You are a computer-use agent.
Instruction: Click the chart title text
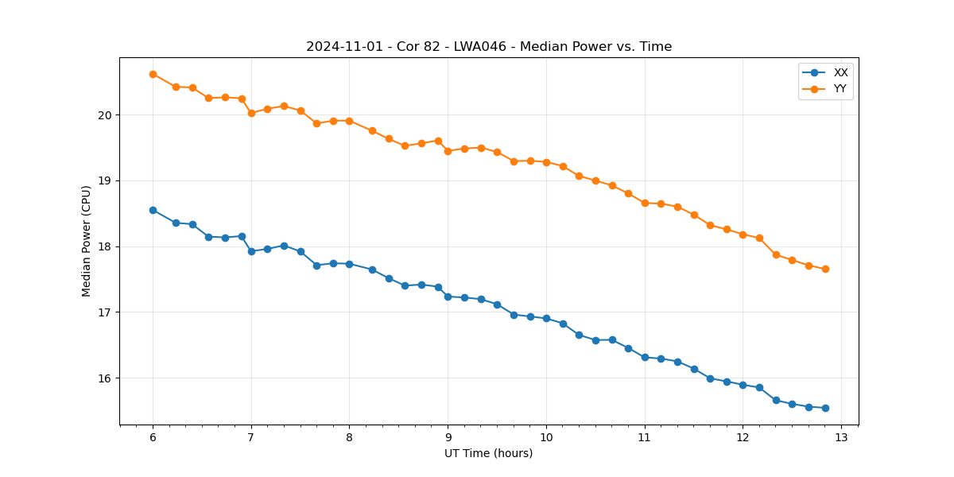click(489, 47)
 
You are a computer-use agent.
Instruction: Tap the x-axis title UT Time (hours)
click(488, 453)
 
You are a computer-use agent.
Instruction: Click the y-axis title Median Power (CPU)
click(87, 241)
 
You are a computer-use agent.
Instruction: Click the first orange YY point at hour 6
click(153, 74)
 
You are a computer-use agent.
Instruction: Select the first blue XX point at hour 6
click(153, 210)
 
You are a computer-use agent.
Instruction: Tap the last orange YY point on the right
click(825, 269)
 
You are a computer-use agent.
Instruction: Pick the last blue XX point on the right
click(825, 408)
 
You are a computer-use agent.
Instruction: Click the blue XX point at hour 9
click(448, 297)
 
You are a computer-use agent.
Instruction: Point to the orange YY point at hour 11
click(645, 203)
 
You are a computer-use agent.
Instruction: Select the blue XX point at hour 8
click(349, 264)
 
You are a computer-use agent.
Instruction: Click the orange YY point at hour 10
click(546, 162)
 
